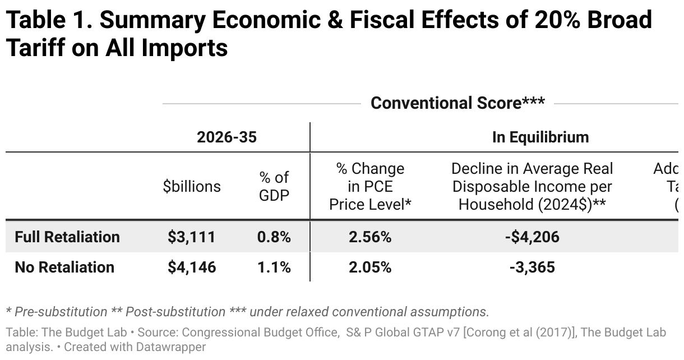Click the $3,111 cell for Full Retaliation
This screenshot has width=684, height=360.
191,237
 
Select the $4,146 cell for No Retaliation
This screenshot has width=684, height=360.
191,267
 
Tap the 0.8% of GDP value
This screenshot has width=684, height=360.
274,237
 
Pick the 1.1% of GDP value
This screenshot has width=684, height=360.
274,267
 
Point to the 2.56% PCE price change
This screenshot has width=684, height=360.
370,237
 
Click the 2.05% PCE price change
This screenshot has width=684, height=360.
370,267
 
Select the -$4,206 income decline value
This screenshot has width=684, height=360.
532,237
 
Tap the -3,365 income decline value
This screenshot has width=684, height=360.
532,267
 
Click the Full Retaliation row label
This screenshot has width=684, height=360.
67,237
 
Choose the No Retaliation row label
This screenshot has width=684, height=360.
64,267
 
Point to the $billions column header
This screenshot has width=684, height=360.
192,186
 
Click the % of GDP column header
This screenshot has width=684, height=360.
274,187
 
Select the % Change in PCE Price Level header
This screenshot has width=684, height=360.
370,187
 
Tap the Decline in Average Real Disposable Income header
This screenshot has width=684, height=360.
532,187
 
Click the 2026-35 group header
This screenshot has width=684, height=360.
227,137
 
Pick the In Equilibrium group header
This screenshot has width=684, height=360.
540,137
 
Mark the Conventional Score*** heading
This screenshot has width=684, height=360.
457,103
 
